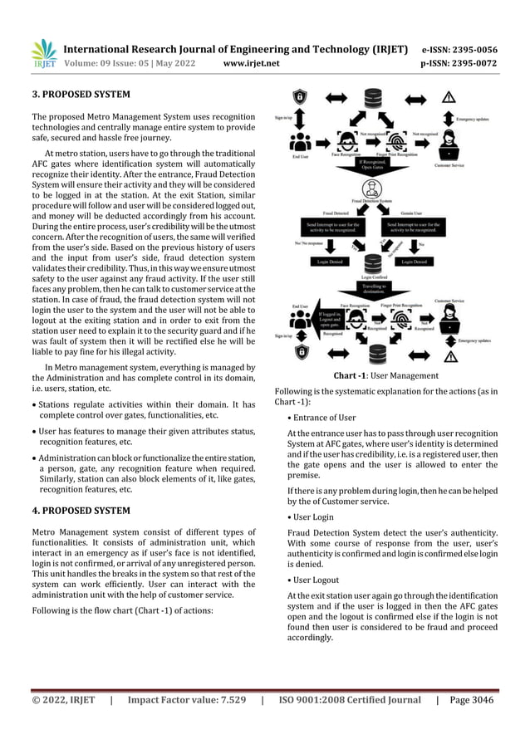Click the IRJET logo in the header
tap(43, 52)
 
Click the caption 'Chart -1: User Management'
tap(386, 375)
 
